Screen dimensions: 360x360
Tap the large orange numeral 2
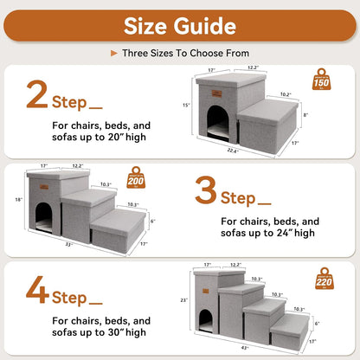pos(37,96)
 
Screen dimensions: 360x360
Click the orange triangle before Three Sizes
pos(113,52)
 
